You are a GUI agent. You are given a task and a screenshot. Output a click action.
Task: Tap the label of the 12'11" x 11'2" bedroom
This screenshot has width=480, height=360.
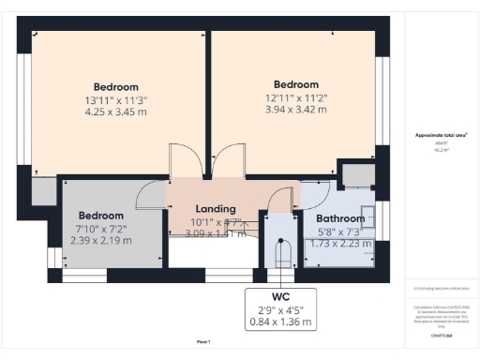pyautogui.click(x=295, y=83)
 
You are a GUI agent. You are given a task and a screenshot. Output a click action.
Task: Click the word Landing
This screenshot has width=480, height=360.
pyautogui.click(x=215, y=208)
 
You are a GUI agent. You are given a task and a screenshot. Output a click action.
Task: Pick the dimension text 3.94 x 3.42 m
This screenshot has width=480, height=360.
pyautogui.click(x=295, y=109)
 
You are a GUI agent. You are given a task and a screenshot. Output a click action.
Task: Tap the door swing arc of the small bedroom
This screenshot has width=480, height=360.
pyautogui.click(x=150, y=195)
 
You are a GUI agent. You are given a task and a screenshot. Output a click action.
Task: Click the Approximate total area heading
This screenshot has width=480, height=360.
pyautogui.click(x=442, y=135)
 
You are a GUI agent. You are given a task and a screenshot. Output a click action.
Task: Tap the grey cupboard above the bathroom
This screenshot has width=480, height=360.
pyautogui.click(x=356, y=174)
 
